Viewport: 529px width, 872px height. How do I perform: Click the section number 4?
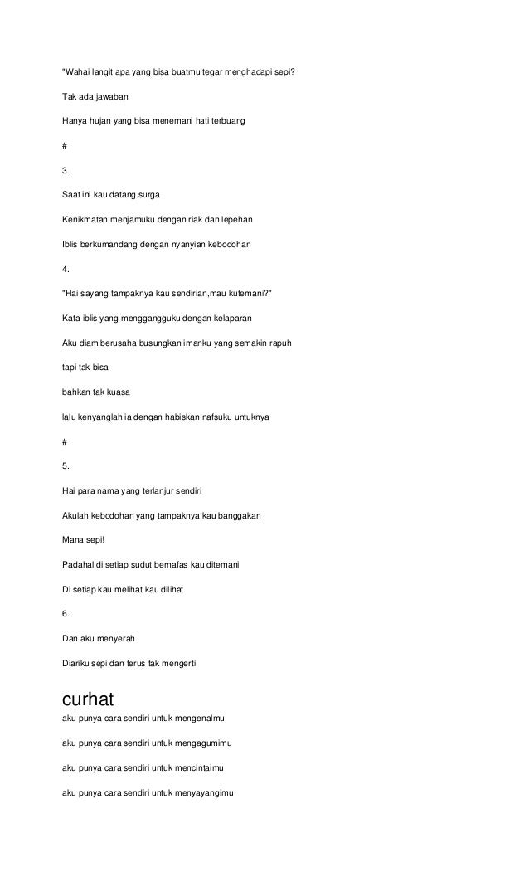point(66,270)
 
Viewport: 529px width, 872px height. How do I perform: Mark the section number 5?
point(66,465)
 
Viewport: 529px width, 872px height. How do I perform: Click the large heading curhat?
point(94,699)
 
